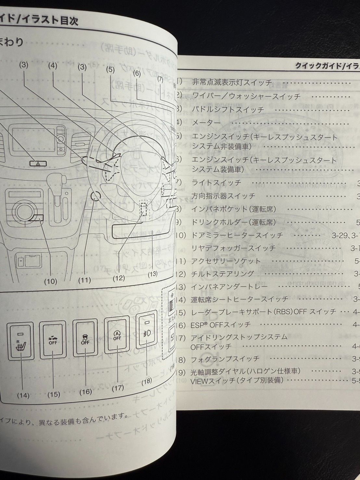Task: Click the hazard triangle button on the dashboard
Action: (x=38, y=164)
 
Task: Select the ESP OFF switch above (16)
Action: (x=85, y=339)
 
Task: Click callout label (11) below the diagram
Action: (x=84, y=280)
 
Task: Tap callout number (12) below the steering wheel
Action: (x=119, y=278)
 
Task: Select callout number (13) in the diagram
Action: (x=152, y=274)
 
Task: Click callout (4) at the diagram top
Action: (x=53, y=66)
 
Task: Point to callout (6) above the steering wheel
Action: (x=137, y=73)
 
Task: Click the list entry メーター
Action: (x=206, y=123)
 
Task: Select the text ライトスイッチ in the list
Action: (x=217, y=183)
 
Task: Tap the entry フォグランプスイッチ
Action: (x=225, y=358)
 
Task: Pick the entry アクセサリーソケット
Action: (x=226, y=261)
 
